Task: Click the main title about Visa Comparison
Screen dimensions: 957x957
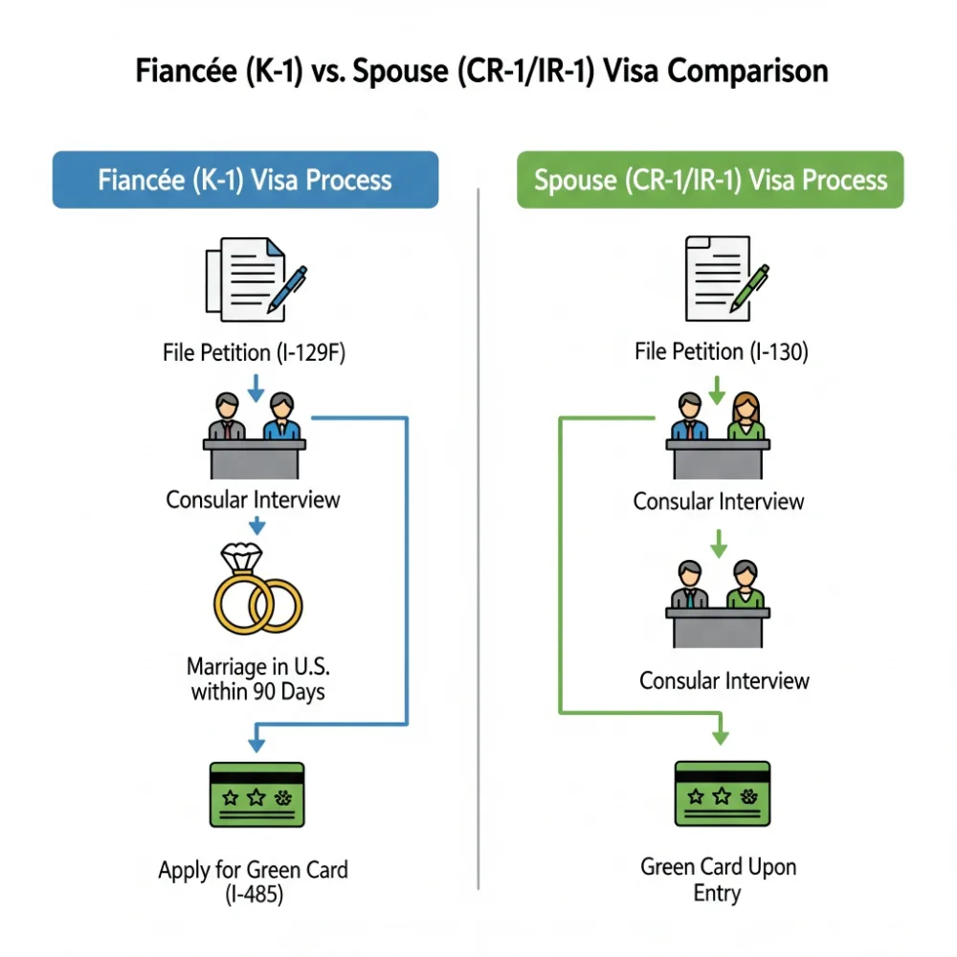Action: pyautogui.click(x=478, y=73)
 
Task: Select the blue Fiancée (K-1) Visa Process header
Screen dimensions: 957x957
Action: pyautogui.click(x=245, y=179)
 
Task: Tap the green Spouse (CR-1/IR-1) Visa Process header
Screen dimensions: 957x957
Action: pyautogui.click(x=710, y=179)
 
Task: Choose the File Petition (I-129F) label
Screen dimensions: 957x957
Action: pyautogui.click(x=255, y=353)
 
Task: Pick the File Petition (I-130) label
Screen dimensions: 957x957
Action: pyautogui.click(x=722, y=352)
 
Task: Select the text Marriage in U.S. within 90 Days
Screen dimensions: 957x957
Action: pyautogui.click(x=256, y=678)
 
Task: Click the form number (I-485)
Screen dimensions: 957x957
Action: pyautogui.click(x=254, y=896)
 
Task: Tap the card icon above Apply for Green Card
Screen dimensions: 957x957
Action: pyautogui.click(x=256, y=795)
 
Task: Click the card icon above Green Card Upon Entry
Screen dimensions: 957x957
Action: pyautogui.click(x=723, y=794)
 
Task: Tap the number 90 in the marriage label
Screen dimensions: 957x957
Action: pyautogui.click(x=265, y=690)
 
